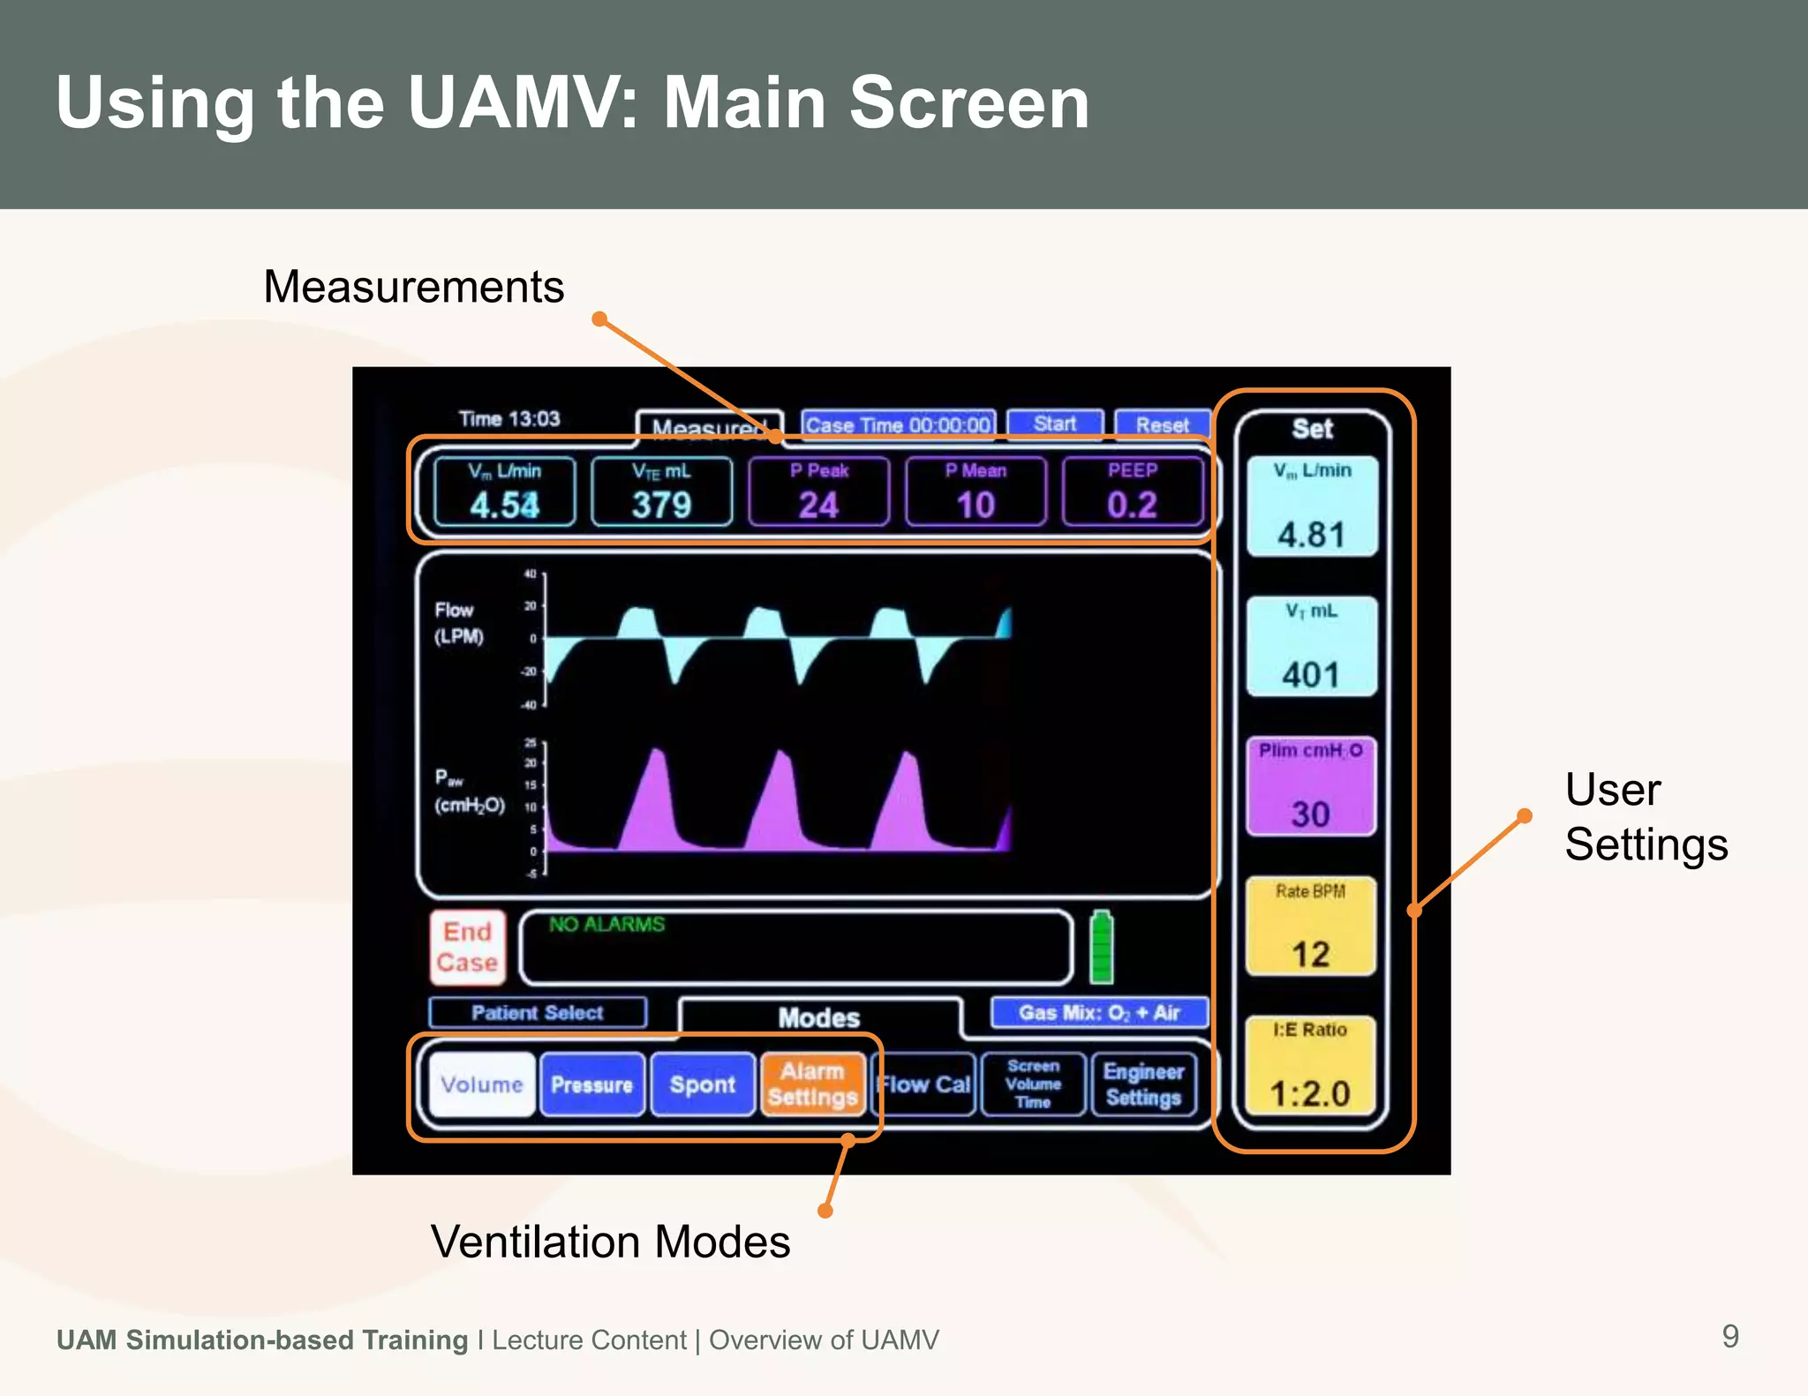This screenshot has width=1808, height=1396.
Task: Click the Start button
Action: coord(1055,424)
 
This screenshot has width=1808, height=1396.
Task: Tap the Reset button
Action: coord(1162,424)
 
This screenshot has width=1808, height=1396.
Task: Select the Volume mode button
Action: coord(482,1085)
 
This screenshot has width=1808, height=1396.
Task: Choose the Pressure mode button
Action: coord(591,1085)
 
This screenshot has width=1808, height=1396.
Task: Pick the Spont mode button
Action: coord(702,1085)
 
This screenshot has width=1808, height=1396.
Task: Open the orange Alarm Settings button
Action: coord(812,1085)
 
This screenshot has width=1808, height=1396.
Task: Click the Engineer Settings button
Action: coord(1143,1085)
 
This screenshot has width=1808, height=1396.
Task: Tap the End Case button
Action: coord(468,947)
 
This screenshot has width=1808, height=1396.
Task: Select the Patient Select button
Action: coord(537,1012)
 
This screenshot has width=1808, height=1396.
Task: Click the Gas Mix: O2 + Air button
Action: coord(1099,1012)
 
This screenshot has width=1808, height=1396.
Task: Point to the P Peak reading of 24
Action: coord(818,505)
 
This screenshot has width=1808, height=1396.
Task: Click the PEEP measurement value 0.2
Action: coord(1132,505)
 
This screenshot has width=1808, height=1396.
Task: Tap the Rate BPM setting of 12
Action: coord(1311,953)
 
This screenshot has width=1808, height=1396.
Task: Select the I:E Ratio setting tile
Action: coord(1311,1065)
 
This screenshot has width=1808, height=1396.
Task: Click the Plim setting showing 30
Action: coord(1311,813)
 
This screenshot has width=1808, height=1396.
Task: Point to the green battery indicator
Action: coord(1101,948)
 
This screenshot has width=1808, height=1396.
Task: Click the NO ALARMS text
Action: coord(606,924)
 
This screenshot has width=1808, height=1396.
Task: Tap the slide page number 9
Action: coord(1730,1336)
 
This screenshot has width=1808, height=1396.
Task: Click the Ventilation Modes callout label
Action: coord(610,1242)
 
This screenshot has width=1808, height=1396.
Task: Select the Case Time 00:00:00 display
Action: coord(898,424)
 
